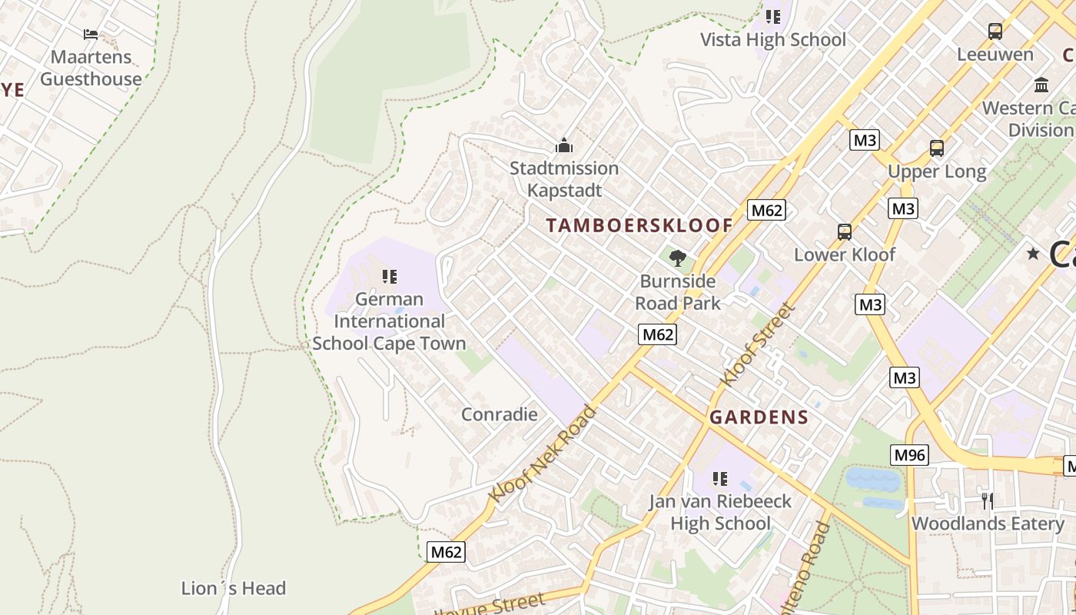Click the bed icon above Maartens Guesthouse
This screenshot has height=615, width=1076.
[91, 34]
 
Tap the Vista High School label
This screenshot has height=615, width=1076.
[772, 40]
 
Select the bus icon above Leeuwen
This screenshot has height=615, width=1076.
[995, 32]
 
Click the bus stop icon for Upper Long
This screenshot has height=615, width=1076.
[936, 148]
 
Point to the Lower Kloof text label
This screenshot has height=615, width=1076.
[844, 254]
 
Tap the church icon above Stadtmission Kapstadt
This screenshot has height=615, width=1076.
[564, 145]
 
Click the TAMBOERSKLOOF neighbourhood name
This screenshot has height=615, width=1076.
[639, 225]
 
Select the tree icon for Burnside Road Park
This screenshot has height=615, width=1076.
[677, 258]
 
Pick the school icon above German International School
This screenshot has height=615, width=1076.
[390, 276]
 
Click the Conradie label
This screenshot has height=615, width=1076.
[499, 414]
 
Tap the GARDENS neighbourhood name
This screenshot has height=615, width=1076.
[759, 417]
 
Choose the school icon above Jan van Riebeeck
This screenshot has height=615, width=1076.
[719, 479]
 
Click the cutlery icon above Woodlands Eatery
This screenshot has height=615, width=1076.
[988, 500]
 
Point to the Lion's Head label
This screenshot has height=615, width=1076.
[233, 588]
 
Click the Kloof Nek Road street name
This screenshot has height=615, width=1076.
[543, 455]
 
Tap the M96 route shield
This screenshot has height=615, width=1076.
[910, 455]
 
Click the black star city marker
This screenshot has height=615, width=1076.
[1033, 254]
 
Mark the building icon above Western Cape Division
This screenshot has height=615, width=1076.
[1041, 85]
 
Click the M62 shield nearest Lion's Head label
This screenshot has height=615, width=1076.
[446, 552]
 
